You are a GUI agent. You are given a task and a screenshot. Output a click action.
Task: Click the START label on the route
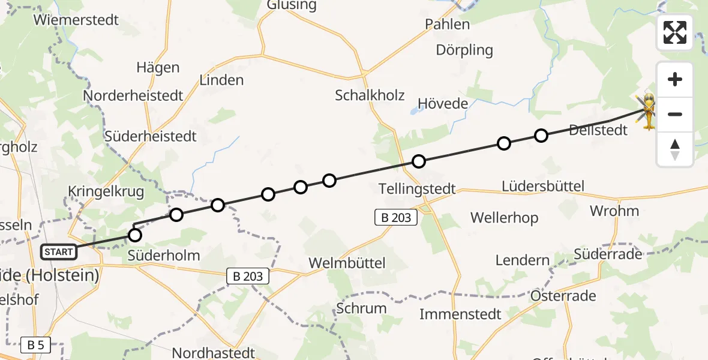pyautogui.click(x=59, y=252)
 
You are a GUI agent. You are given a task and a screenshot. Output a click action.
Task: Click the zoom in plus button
pyautogui.click(x=675, y=79)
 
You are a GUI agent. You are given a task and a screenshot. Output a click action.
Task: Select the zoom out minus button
pyautogui.click(x=675, y=114)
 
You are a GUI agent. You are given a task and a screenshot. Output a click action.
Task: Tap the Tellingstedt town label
pyautogui.click(x=418, y=189)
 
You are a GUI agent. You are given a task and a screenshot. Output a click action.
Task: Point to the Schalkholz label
pyautogui.click(x=370, y=95)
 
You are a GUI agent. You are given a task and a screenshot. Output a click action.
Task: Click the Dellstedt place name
pyautogui.click(x=598, y=130)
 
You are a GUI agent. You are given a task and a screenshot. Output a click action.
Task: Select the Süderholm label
pyautogui.click(x=164, y=256)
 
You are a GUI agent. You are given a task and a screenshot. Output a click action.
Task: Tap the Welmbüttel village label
pyautogui.click(x=347, y=263)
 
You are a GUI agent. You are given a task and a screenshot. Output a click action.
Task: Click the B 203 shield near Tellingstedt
pyautogui.click(x=397, y=217)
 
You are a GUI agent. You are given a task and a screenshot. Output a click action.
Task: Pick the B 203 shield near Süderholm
pyautogui.click(x=247, y=276)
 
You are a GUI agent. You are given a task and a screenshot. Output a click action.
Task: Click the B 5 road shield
pyautogui.click(x=35, y=345)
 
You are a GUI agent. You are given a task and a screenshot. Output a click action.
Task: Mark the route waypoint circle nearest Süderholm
pyautogui.click(x=135, y=235)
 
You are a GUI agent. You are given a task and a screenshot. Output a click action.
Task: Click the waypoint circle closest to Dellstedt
pyautogui.click(x=541, y=136)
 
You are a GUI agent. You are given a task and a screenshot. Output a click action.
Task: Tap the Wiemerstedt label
pyautogui.click(x=76, y=20)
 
